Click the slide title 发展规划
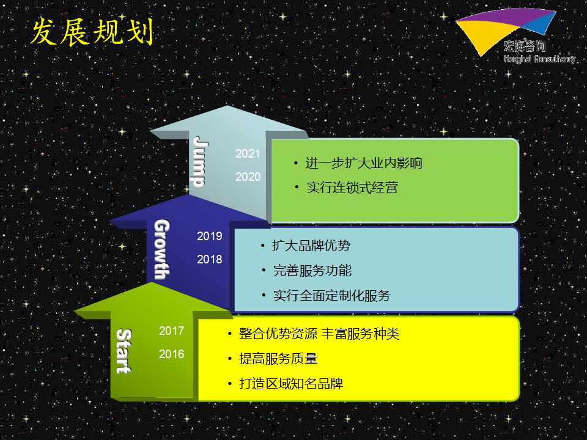click(92, 32)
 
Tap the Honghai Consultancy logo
click(515, 36)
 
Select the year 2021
click(248, 153)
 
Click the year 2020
click(248, 177)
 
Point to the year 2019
click(209, 236)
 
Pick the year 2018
click(209, 259)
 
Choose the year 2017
click(171, 331)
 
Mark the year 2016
click(171, 354)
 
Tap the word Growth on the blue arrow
click(162, 249)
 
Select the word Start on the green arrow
click(124, 351)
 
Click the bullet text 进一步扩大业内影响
click(363, 163)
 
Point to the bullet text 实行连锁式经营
click(352, 188)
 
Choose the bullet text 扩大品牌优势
click(311, 246)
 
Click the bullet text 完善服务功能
click(312, 271)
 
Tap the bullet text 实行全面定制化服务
click(331, 296)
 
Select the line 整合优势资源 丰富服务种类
click(319, 334)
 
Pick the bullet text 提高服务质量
click(278, 359)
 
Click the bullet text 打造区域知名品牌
click(291, 384)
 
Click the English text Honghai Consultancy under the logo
click(539, 59)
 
